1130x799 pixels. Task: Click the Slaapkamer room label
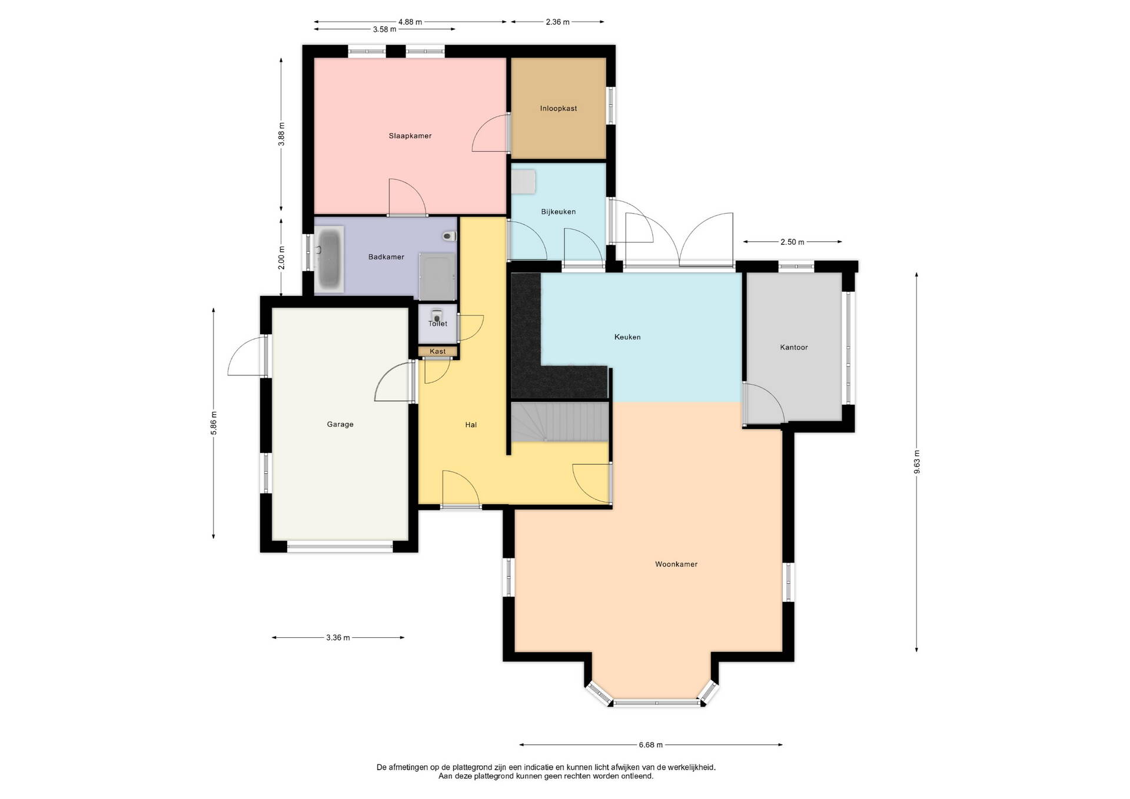(x=410, y=136)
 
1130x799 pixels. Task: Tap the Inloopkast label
(x=559, y=108)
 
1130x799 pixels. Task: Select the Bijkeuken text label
(x=559, y=212)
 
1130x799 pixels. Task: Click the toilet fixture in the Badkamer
(x=450, y=236)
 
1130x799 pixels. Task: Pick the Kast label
(x=438, y=351)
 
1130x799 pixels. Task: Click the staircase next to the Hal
(x=559, y=421)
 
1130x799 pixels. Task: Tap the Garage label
(x=340, y=424)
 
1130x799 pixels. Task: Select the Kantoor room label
(x=794, y=347)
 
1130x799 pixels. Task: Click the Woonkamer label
(x=676, y=564)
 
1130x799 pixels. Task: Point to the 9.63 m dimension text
(x=917, y=462)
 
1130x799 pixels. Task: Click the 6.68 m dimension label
(x=650, y=745)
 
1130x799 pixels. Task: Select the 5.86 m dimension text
(x=214, y=423)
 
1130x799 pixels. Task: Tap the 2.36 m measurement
(x=557, y=22)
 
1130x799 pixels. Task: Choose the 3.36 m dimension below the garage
(x=338, y=637)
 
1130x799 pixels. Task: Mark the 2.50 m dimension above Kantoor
(x=792, y=242)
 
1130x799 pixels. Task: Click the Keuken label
(x=627, y=337)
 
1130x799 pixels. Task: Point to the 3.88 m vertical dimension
(x=282, y=134)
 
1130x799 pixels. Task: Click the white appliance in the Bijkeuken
(x=523, y=181)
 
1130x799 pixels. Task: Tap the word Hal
(x=471, y=425)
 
